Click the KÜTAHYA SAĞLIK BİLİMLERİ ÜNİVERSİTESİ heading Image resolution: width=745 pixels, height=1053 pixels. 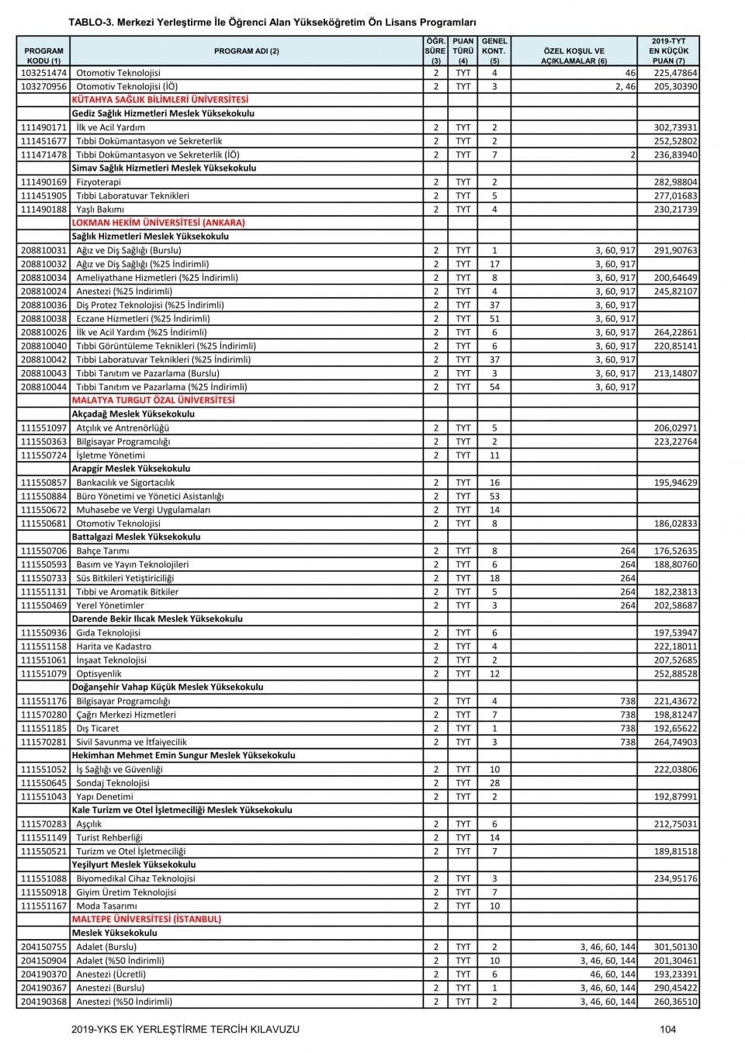(160, 100)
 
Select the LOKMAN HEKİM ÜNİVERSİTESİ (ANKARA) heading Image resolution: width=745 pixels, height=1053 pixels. (158, 223)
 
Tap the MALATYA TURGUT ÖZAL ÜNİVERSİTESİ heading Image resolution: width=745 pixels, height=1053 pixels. (153, 400)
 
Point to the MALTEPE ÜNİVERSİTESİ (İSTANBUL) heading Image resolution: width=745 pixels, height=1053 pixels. (146, 919)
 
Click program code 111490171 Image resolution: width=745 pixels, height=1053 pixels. (43, 127)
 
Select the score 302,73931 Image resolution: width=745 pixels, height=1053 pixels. (675, 127)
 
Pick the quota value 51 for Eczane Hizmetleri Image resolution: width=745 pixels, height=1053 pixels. (494, 318)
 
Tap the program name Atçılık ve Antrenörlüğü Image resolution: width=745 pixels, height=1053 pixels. (123, 428)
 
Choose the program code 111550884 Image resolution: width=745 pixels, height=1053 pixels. (43, 496)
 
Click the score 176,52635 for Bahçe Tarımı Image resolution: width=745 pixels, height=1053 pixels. (675, 551)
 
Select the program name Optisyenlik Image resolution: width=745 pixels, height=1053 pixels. (99, 674)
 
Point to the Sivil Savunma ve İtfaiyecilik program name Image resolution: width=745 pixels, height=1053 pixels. (131, 742)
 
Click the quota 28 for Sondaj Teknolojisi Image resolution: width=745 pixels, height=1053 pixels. (494, 783)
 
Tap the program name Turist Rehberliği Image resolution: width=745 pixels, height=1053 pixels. (109, 837)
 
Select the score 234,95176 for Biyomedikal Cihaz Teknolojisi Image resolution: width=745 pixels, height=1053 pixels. (675, 878)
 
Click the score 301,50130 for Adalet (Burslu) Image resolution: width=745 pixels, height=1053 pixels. (675, 947)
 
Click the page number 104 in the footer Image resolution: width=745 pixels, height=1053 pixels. (668, 1030)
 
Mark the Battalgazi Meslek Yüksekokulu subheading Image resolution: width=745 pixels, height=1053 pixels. (136, 537)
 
